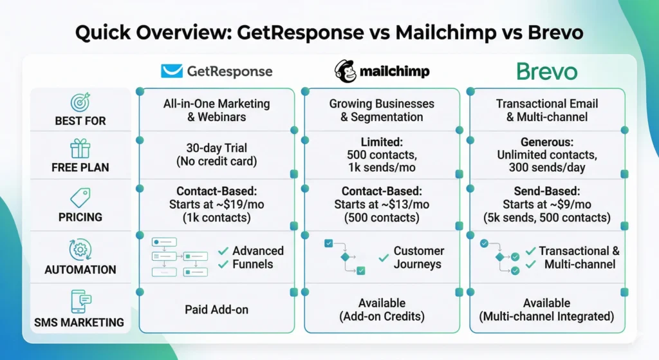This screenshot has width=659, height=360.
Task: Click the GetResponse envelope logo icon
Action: point(171,71)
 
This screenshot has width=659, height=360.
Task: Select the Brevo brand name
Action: point(547,71)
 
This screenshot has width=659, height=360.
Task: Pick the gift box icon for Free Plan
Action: point(80,149)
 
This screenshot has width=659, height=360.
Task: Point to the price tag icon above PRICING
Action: point(80,198)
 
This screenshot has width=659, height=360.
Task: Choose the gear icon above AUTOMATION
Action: point(80,249)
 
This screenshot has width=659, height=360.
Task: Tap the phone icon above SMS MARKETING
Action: point(80,301)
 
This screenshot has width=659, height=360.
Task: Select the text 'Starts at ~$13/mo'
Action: point(382,204)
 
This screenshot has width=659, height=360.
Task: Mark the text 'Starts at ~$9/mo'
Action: point(547,204)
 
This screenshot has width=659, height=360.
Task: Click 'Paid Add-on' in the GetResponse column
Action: point(216,310)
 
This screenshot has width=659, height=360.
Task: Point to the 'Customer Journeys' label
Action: point(418,257)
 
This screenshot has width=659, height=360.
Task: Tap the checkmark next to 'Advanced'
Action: point(223,251)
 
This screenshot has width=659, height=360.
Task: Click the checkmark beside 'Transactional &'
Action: point(531,251)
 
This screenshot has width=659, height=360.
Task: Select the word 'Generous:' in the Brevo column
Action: point(547,141)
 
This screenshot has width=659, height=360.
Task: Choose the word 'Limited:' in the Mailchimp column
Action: point(382,141)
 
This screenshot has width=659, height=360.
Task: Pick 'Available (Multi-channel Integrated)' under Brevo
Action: point(547,310)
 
